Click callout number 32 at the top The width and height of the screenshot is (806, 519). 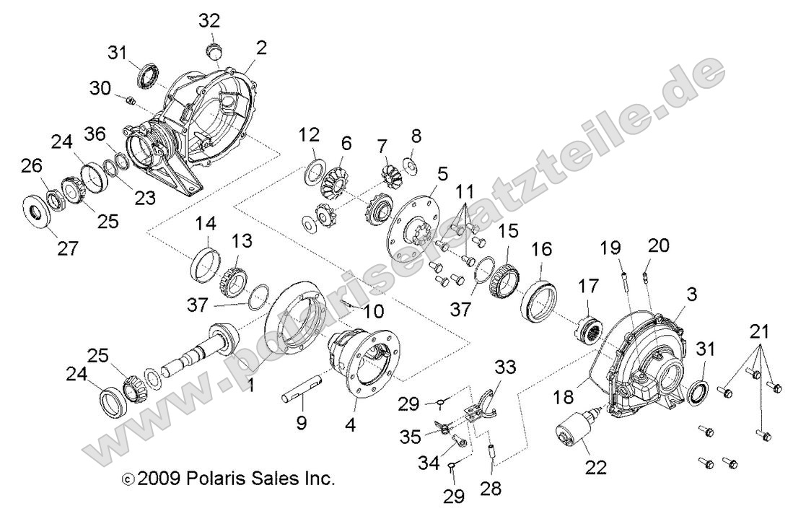[211, 20]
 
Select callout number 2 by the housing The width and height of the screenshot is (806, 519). [260, 48]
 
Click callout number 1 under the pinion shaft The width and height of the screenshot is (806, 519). [250, 386]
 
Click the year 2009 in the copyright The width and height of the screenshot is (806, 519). [159, 479]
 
